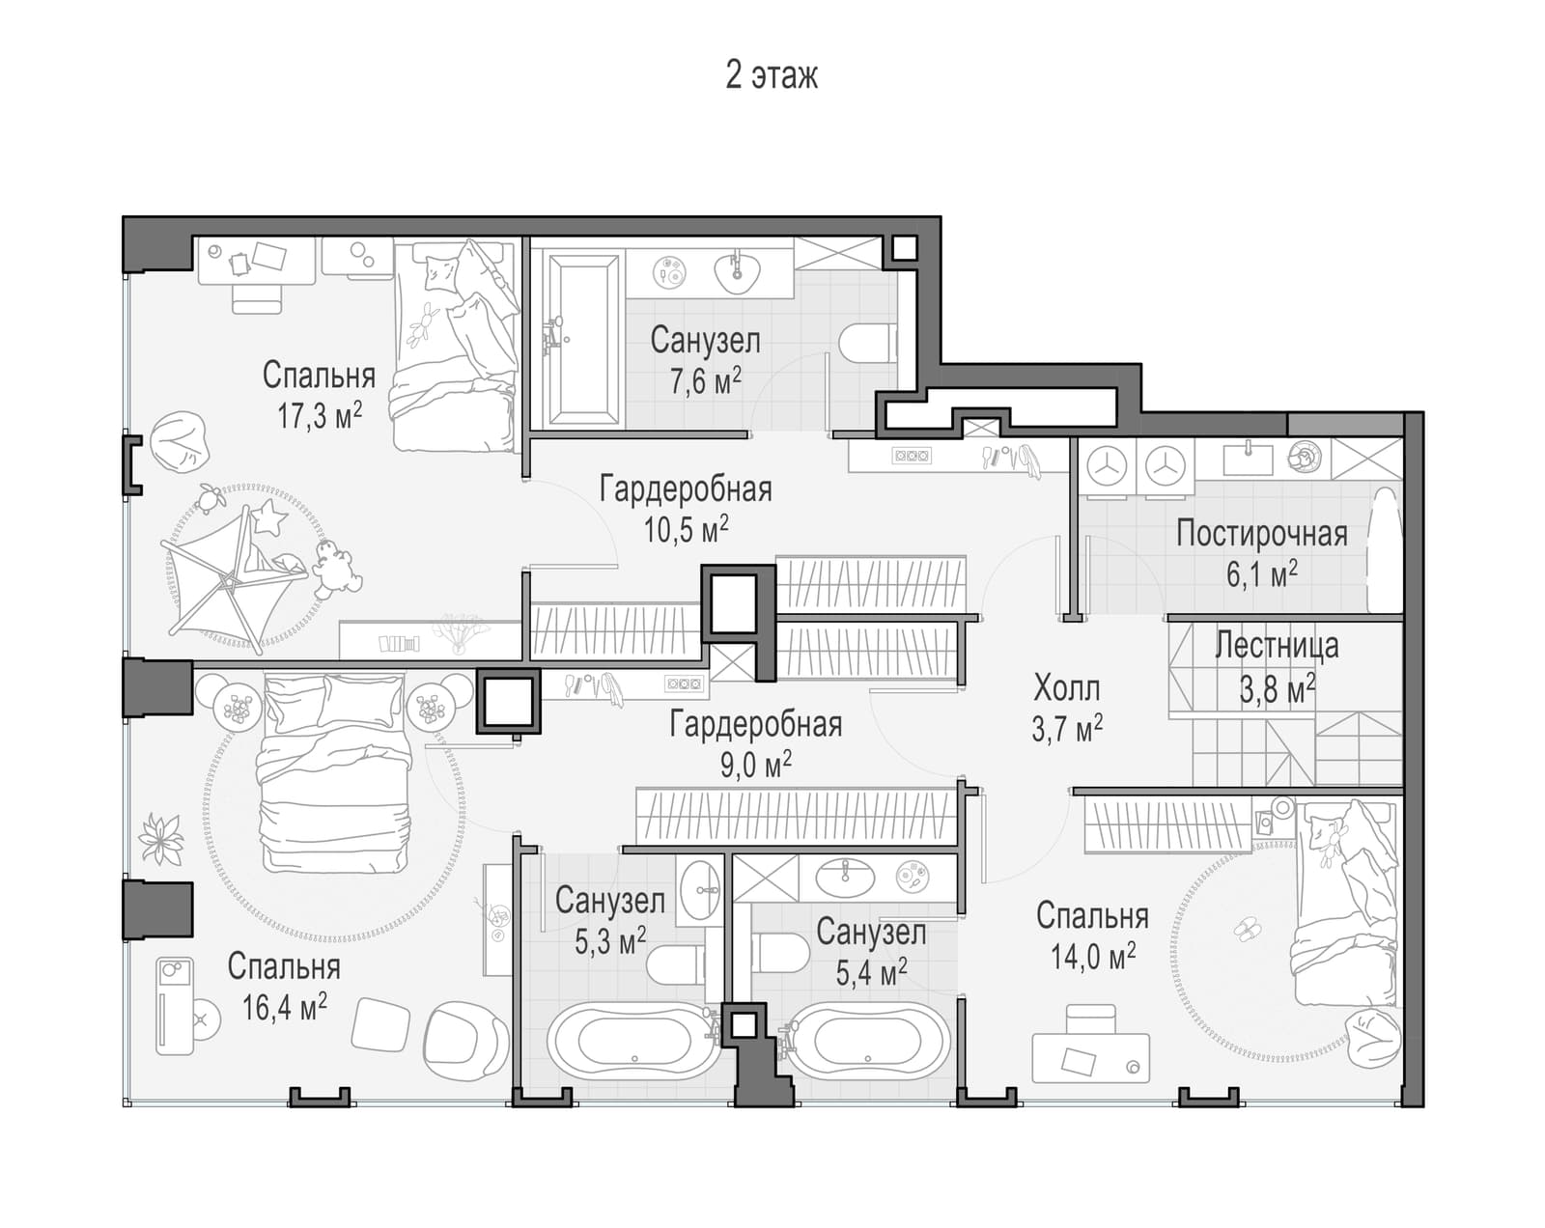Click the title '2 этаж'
coord(772,75)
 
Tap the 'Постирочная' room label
coord(1261,534)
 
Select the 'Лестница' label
coord(1277,645)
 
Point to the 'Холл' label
coord(1066,688)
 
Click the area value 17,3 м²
coord(320,415)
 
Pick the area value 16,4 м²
coord(284,1007)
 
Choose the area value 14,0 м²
coord(1093,955)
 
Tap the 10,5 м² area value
coord(686,530)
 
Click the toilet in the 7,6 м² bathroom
coord(867,343)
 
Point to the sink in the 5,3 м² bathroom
coord(700,890)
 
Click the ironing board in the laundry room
coord(1385,549)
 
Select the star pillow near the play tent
coord(268,516)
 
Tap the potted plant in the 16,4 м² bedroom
coord(160,839)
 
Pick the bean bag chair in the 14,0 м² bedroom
coord(1373,1037)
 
